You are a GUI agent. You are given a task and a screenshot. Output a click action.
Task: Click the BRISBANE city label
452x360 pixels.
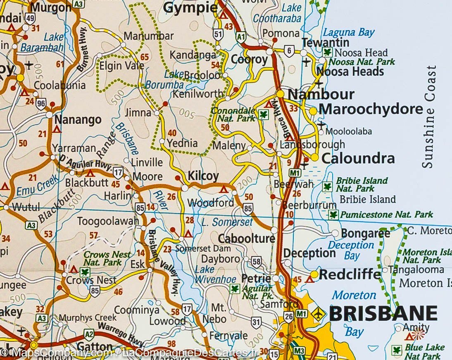383,314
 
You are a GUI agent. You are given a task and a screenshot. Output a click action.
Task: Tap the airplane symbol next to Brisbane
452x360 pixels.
318,314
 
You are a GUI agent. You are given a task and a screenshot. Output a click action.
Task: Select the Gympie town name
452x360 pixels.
190,7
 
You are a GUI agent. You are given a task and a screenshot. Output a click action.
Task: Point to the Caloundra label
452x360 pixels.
358,159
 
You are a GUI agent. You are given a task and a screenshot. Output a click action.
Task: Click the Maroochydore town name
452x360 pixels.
371,109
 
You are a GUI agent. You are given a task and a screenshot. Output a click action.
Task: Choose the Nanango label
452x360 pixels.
78,120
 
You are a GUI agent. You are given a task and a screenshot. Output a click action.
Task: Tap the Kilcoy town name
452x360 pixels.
203,176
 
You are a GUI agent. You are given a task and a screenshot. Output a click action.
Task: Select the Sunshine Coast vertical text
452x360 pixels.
429,116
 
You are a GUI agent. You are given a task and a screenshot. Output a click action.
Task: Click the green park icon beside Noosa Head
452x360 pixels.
328,52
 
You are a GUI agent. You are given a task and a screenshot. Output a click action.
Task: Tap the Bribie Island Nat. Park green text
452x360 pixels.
362,185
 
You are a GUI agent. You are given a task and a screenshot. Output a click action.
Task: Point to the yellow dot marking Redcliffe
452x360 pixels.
314,274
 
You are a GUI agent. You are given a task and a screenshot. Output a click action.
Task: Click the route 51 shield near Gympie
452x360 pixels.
218,34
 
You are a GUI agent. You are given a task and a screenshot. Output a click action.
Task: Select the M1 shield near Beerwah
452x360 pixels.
295,173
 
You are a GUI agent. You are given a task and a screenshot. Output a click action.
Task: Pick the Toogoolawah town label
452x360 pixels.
108,221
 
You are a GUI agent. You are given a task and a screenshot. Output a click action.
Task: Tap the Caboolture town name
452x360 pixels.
246,238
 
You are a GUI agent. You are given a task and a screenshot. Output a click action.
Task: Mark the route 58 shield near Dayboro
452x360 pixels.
256,261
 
